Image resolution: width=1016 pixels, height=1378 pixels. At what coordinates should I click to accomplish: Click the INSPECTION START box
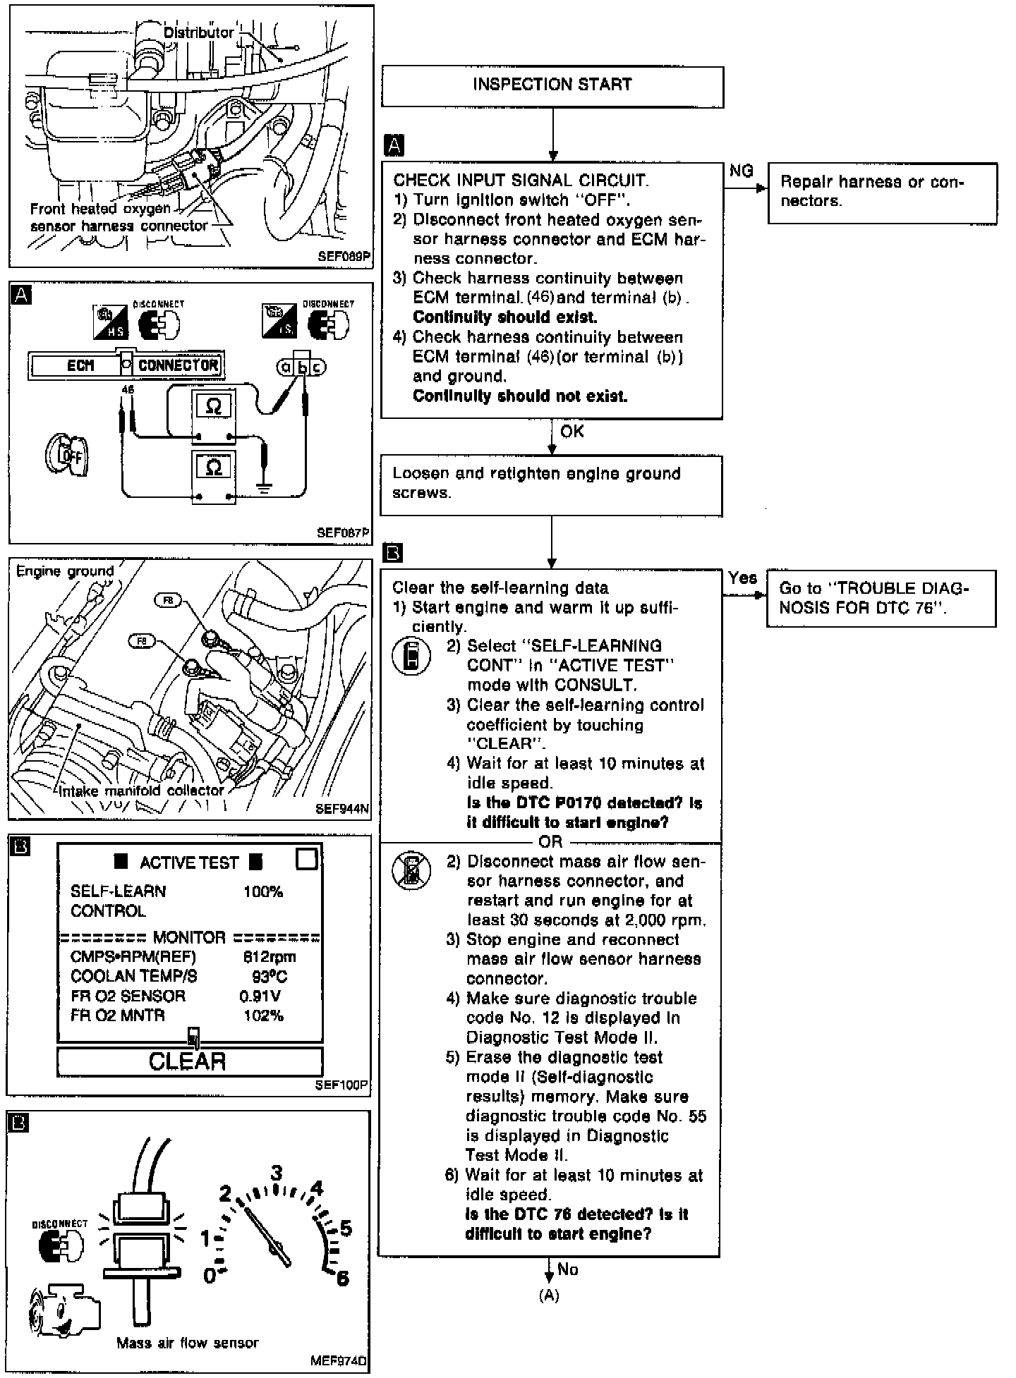click(552, 86)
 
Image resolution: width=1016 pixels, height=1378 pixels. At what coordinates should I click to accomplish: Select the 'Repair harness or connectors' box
click(882, 193)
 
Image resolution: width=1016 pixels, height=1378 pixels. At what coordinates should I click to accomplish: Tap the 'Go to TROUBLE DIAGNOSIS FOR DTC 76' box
click(881, 598)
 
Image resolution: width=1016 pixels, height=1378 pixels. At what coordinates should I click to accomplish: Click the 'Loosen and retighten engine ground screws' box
click(551, 484)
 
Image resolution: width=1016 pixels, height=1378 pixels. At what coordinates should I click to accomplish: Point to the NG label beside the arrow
click(742, 171)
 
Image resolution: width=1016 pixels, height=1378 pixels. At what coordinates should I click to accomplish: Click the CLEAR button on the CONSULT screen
click(188, 1061)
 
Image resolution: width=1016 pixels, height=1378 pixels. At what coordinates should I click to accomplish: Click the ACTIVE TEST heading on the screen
click(188, 862)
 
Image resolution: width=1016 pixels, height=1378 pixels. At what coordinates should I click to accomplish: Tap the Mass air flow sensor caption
click(188, 1343)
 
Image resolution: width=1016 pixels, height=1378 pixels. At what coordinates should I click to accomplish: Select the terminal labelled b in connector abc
click(303, 367)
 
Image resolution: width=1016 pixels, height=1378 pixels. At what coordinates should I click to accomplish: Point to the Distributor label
click(199, 32)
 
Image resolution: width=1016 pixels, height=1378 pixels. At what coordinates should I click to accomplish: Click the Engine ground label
click(65, 571)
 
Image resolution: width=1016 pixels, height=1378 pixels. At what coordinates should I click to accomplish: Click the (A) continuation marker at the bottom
click(549, 1295)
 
